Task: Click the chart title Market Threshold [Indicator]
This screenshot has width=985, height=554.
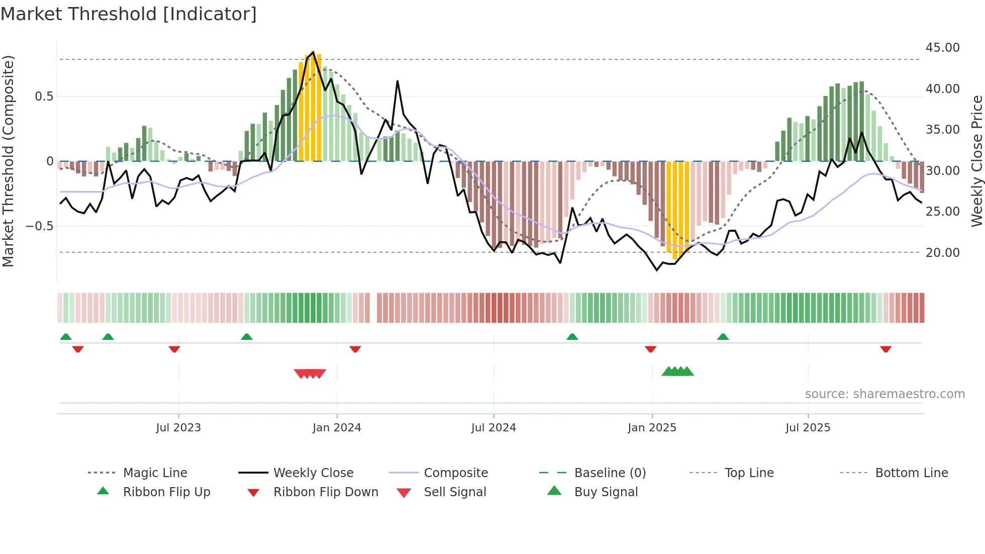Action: [129, 14]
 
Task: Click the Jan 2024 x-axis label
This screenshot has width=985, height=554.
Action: [337, 428]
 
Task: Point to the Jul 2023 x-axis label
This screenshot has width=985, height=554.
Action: [178, 428]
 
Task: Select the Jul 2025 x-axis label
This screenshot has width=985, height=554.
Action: [808, 428]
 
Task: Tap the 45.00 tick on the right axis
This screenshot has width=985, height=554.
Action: [942, 48]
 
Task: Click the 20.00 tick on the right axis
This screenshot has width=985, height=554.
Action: [942, 253]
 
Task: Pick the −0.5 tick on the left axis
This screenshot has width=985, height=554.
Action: [39, 226]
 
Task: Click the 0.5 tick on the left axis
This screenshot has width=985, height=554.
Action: [44, 97]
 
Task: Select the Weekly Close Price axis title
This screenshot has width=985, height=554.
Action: [976, 161]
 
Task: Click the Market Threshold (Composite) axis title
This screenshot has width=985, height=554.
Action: [8, 161]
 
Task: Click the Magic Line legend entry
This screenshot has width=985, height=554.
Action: [155, 473]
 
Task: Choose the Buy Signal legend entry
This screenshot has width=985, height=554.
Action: [606, 492]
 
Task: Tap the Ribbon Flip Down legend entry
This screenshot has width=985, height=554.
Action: [325, 492]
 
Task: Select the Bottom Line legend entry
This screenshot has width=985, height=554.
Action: [911, 473]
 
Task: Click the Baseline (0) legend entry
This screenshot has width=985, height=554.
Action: [610, 473]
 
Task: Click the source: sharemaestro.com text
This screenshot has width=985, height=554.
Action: [884, 394]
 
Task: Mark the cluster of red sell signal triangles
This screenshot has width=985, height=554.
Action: [310, 374]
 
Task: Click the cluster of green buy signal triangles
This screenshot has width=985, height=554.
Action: [677, 372]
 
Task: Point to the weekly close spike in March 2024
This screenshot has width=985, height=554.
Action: [398, 81]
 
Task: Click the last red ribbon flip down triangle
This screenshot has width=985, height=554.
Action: [885, 349]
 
